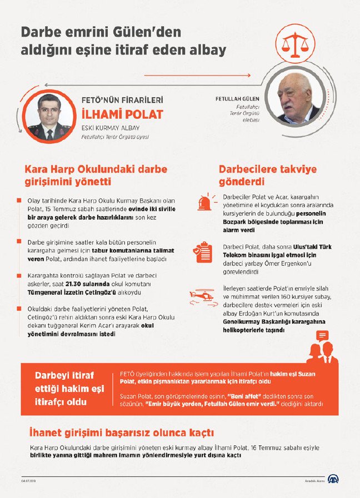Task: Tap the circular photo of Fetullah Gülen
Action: coord(294,99)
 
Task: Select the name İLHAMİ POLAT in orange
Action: coord(123,114)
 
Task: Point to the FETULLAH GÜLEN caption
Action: coord(238,99)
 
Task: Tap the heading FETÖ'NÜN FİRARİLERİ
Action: coord(122,100)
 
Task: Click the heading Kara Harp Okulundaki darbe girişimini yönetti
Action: coord(95,175)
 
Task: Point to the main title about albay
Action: coord(123,41)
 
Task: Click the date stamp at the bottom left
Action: coord(28,481)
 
